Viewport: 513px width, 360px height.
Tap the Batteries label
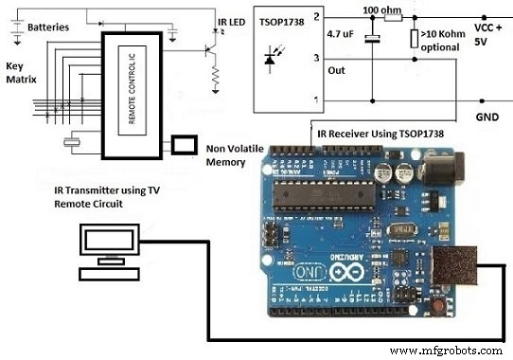click(47, 27)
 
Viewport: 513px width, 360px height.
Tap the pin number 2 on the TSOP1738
click(318, 17)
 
